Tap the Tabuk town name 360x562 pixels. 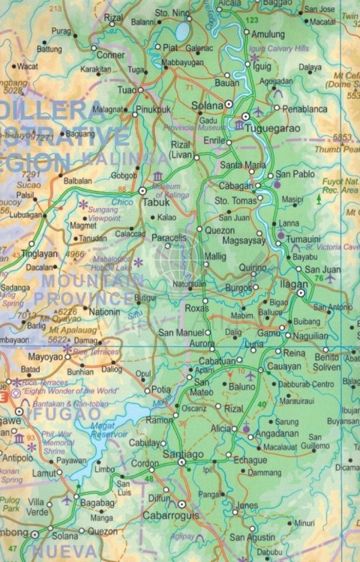[157, 201]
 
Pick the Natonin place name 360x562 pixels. [104, 310]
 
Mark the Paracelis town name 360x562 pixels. [169, 238]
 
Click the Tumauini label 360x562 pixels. [305, 238]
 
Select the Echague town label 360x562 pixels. [250, 460]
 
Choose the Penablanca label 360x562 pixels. [305, 109]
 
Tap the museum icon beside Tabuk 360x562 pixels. [157, 176]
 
